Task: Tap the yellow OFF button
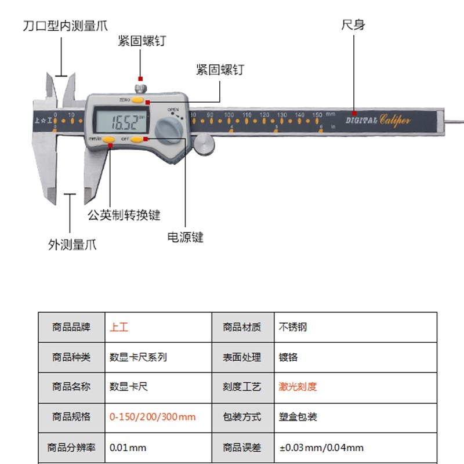coord(136,139)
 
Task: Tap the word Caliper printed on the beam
coord(396,120)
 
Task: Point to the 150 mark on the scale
coord(317,115)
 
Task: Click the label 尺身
coord(353,25)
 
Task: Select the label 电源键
coord(186,237)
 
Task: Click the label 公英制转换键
coord(124,215)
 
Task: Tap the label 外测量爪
coord(72,245)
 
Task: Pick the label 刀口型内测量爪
coord(65,26)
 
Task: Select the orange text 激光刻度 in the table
coord(298,387)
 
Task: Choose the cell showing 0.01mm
coord(128,447)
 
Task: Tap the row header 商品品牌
coord(71,327)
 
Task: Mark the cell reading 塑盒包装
coord(298,417)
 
